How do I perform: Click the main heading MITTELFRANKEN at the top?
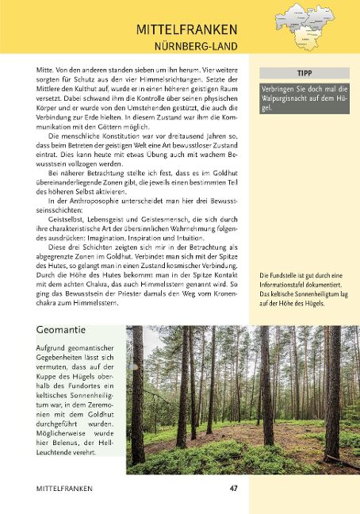click(x=186, y=30)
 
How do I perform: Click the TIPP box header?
click(x=303, y=72)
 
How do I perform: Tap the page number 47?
click(x=234, y=489)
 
